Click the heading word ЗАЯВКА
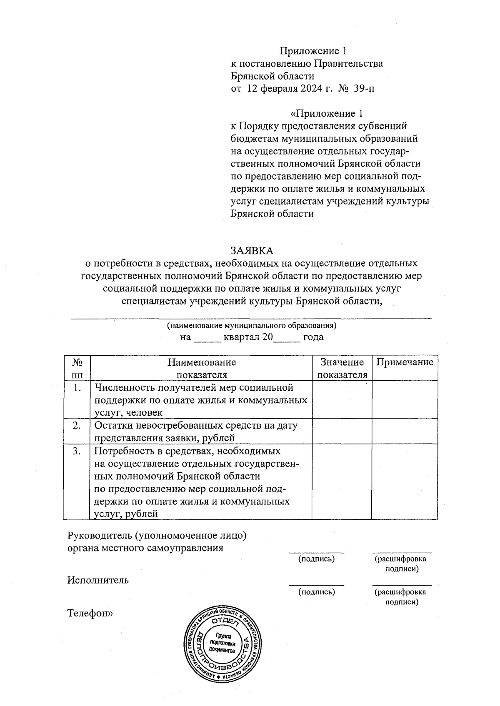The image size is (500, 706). tap(252, 250)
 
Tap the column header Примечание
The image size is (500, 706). tap(405, 362)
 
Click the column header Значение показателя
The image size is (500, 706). tap(342, 368)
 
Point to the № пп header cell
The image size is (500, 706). tap(77, 368)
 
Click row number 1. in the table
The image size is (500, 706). tap(77, 388)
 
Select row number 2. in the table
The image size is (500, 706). tap(77, 425)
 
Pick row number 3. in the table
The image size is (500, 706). tap(77, 451)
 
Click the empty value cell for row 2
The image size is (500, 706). tap(342, 431)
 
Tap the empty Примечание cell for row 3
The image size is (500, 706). tap(404, 481)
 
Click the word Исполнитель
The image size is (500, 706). tap(98, 580)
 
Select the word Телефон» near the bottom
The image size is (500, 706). tap(90, 613)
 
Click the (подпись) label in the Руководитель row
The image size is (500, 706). tap(317, 559)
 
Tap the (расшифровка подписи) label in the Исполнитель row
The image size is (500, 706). tap(401, 596)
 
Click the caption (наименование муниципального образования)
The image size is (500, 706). tap(251, 325)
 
